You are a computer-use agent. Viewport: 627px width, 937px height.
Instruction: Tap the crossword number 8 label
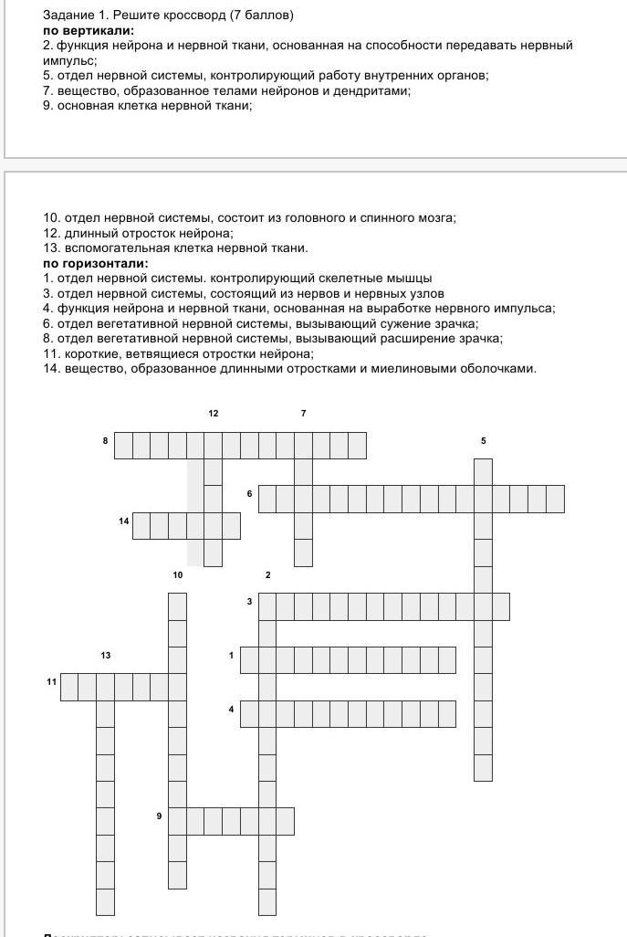click(106, 441)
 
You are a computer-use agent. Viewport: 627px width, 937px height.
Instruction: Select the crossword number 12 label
click(214, 414)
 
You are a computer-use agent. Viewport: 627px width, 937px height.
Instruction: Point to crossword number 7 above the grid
click(303, 414)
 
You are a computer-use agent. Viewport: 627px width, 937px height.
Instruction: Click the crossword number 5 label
click(483, 441)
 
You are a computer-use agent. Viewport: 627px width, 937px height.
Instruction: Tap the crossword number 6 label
click(249, 494)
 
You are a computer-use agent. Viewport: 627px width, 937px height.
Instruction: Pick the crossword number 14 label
click(123, 521)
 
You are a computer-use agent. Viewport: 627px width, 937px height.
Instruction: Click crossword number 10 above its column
click(177, 574)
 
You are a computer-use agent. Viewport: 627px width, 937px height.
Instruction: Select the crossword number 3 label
click(249, 602)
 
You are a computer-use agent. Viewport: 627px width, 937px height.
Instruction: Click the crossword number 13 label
click(106, 656)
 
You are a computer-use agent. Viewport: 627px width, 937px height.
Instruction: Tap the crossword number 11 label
click(52, 681)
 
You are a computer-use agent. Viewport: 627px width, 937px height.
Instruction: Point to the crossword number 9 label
click(159, 816)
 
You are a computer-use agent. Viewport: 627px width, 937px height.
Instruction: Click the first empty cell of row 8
click(123, 446)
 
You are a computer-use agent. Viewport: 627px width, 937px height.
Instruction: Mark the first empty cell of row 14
click(141, 526)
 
